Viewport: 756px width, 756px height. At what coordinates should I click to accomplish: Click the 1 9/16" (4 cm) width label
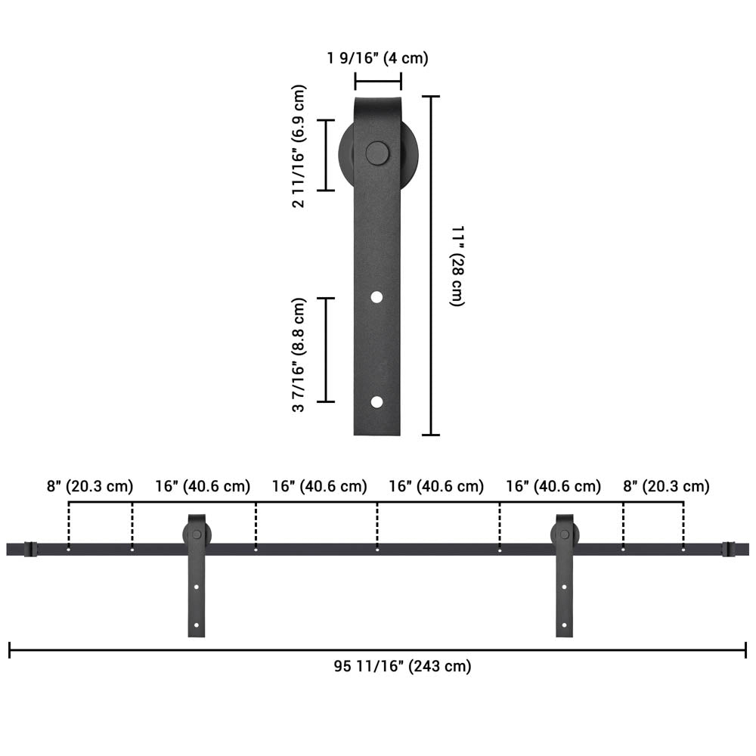coord(378,58)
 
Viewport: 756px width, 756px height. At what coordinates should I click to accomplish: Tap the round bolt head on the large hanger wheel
coord(377,153)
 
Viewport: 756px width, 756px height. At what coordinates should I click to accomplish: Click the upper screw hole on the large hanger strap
coord(376,298)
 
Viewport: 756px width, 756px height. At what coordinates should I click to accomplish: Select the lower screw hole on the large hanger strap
coord(376,402)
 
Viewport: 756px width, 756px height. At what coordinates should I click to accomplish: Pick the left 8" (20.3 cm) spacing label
coord(89,486)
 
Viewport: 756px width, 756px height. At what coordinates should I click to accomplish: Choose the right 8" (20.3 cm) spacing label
coord(666,486)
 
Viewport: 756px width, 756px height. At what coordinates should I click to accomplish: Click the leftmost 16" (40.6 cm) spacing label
coord(203,486)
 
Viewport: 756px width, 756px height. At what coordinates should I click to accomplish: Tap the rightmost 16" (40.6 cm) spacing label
coord(553,486)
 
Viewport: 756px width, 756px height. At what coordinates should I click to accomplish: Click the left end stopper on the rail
coord(30,549)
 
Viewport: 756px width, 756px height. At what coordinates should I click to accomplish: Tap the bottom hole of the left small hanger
coord(197,624)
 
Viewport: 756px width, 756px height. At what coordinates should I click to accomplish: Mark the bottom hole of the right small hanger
coord(565,624)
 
